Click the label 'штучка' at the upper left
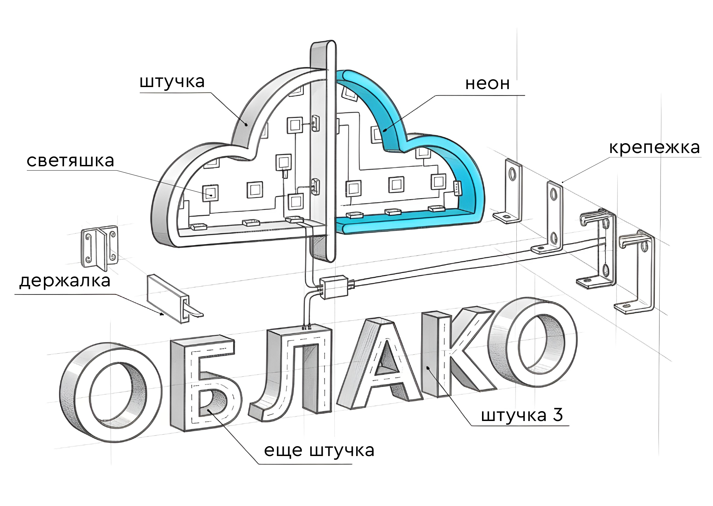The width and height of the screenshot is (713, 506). (x=172, y=82)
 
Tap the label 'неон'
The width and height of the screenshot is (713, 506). (x=487, y=84)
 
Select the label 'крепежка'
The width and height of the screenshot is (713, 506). (x=654, y=148)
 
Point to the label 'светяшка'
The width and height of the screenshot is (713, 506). (x=70, y=161)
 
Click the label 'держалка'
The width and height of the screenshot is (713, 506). (x=65, y=281)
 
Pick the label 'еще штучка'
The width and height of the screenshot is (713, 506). (x=319, y=451)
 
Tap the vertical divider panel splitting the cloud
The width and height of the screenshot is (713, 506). (x=322, y=153)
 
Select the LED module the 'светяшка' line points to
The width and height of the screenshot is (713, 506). (x=211, y=193)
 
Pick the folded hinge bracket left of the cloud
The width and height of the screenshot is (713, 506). (x=99, y=247)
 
